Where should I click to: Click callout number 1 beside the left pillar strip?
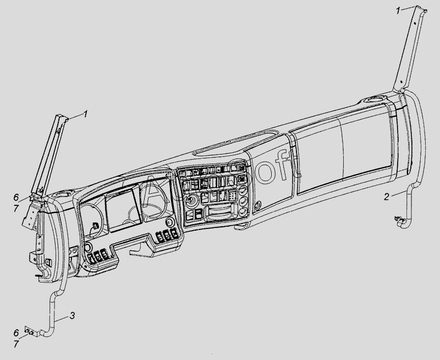point(85,114)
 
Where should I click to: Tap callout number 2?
point(387,196)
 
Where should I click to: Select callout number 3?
point(72,316)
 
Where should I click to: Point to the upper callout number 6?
point(16,197)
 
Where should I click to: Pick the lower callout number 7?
point(16,343)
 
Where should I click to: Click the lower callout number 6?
point(16,332)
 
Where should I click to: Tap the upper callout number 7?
point(16,208)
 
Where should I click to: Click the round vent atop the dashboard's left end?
point(64,194)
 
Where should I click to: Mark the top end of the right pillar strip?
point(423,9)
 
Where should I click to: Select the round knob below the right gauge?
point(170,222)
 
